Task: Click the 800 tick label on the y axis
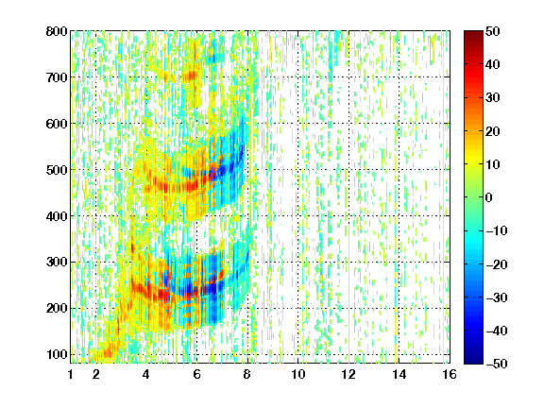click(57, 31)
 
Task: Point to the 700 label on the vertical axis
click(57, 77)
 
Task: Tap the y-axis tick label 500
click(57, 170)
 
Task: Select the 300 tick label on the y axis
click(57, 263)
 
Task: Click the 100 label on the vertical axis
click(58, 354)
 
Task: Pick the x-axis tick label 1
click(71, 374)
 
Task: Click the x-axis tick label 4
click(146, 374)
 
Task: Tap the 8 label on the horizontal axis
click(247, 374)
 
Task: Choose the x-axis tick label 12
click(348, 374)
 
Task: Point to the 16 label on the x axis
click(450, 374)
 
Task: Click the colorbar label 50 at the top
click(493, 31)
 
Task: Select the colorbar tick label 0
click(489, 197)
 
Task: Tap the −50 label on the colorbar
click(497, 364)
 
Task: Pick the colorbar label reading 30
click(493, 98)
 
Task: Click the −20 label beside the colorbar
click(497, 264)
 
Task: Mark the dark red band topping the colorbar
click(473, 39)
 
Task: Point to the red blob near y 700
click(193, 76)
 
